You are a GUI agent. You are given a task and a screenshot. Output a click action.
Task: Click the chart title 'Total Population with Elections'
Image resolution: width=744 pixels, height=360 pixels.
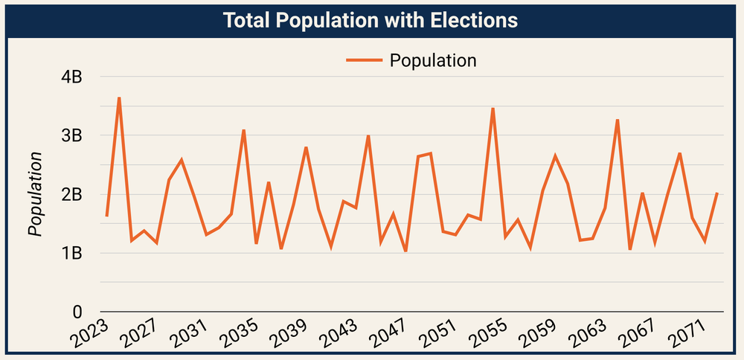click(371, 21)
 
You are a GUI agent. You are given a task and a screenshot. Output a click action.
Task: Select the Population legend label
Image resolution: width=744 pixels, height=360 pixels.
click(433, 61)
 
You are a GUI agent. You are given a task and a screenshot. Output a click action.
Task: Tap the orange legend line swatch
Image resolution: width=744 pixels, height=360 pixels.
click(364, 61)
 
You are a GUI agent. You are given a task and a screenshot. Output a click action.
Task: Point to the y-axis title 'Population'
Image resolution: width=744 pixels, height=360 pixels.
click(34, 194)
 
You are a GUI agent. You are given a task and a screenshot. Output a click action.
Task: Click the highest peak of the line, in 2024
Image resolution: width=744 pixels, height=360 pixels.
click(119, 97)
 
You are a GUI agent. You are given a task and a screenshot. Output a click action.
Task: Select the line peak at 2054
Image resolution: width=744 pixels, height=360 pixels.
click(493, 109)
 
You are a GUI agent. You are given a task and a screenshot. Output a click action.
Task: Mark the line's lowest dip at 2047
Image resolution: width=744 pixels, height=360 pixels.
click(405, 251)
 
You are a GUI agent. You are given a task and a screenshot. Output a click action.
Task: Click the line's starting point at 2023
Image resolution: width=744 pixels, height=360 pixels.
click(106, 216)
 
